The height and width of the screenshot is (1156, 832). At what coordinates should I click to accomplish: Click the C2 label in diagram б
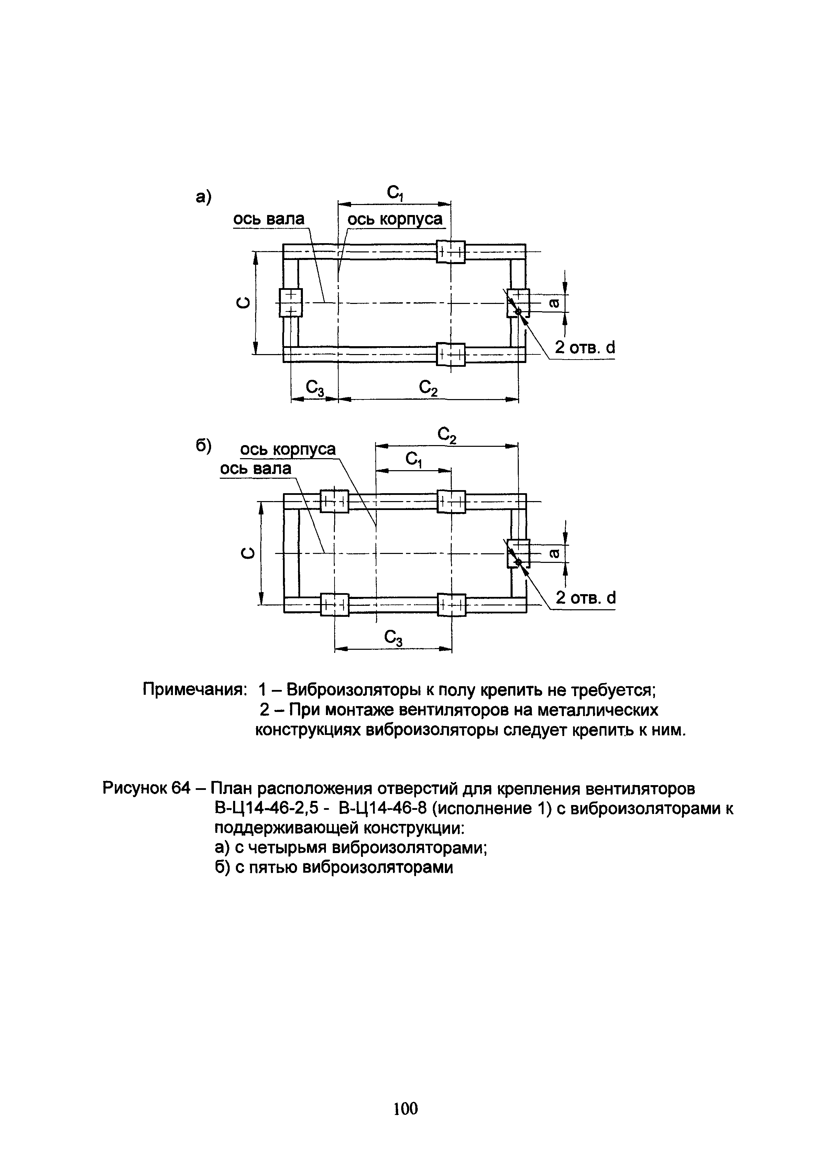click(447, 435)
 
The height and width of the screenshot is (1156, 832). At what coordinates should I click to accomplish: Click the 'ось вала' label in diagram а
click(268, 219)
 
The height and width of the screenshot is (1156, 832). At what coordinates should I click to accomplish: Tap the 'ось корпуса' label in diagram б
click(288, 449)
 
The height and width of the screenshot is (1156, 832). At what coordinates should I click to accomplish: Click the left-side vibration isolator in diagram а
click(291, 302)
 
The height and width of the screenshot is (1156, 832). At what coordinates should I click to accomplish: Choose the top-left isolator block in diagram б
click(334, 501)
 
